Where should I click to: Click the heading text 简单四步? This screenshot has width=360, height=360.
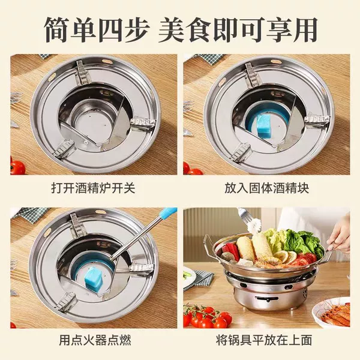[x=97, y=29]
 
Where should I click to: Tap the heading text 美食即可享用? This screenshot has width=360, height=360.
[x=238, y=29]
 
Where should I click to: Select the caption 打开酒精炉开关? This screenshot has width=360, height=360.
[x=93, y=188]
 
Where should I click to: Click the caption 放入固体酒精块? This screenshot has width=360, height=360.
[x=266, y=188]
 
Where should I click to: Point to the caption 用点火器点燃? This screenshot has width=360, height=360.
[x=95, y=340]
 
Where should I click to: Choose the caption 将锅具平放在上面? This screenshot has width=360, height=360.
[x=264, y=340]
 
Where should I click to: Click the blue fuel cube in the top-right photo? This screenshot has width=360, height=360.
[x=264, y=124]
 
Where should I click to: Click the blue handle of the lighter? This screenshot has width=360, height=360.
[x=169, y=212]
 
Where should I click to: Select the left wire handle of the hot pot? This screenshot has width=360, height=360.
[x=209, y=245]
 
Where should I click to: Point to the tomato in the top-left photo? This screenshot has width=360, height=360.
[x=17, y=167]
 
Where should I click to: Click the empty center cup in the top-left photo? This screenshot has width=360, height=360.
[x=91, y=119]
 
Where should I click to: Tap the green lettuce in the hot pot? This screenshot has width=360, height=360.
[x=298, y=241]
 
